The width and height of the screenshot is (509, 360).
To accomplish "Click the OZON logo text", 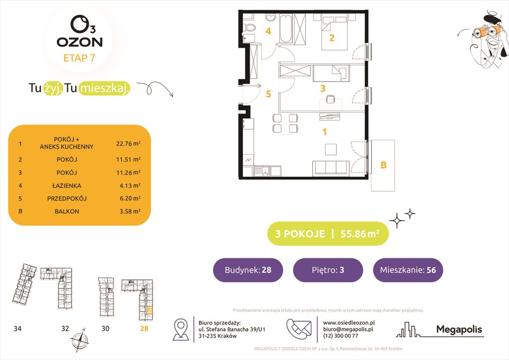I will [79, 42].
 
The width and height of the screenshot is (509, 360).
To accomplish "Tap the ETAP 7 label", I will [79, 59].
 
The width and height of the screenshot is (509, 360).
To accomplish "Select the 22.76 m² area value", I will [128, 143].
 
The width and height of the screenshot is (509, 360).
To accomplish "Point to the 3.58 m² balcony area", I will [130, 211].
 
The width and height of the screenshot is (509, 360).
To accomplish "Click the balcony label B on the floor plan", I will [383, 165].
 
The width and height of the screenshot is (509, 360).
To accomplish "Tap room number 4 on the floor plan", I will [268, 32].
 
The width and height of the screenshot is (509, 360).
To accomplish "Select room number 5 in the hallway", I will [268, 94].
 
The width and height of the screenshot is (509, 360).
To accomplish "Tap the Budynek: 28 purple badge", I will [248, 270].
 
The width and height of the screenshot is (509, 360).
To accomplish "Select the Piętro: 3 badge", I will [328, 270].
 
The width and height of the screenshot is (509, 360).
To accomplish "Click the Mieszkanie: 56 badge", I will [408, 270].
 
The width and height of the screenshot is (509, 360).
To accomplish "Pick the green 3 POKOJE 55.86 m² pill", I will [328, 234].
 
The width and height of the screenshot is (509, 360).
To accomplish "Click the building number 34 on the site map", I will [17, 329].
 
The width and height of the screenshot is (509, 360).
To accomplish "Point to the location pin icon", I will [181, 329].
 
